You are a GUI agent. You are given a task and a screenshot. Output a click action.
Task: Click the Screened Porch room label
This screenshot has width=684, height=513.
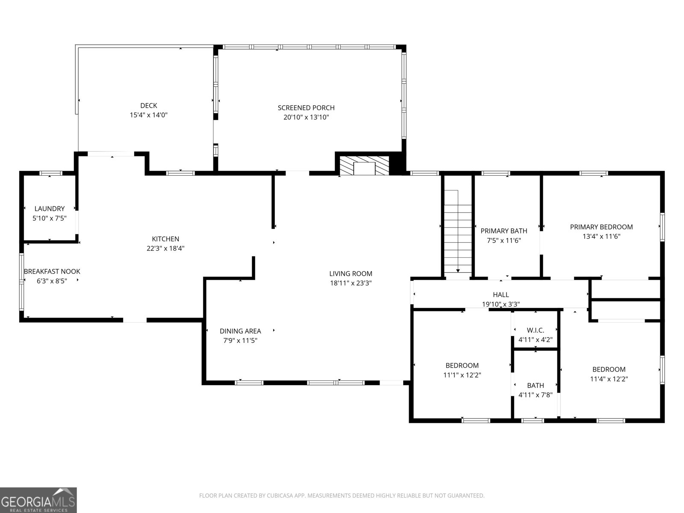tap(306, 108)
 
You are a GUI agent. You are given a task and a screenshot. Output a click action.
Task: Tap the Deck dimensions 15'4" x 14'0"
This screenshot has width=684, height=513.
tap(148, 115)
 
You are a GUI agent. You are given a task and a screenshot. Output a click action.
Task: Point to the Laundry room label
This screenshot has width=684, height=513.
tap(50, 209)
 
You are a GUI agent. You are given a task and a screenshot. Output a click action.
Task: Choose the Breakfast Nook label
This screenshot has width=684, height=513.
tap(52, 271)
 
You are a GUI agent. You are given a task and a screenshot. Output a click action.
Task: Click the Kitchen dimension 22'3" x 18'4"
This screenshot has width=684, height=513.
tap(165, 248)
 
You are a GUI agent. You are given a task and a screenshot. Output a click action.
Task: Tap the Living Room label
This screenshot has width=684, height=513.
tap(351, 274)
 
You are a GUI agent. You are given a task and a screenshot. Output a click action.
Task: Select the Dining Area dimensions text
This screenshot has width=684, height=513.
tap(240, 341)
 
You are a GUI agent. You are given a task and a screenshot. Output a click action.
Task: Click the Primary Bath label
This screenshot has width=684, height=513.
tap(504, 231)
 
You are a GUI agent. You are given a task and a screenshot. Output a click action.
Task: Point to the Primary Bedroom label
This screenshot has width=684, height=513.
tap(601, 227)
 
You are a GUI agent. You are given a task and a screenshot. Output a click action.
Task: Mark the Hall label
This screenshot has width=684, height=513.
tap(501, 295)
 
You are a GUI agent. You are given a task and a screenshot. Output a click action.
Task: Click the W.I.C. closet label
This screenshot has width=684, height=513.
tap(535, 330)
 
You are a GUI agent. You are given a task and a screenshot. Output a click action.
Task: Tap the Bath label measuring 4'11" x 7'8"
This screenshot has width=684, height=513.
tap(535, 386)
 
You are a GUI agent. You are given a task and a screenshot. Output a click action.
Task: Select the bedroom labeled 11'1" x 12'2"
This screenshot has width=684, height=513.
tap(462, 366)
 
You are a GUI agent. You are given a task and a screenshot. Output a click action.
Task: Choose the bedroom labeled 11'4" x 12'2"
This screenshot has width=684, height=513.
tap(609, 369)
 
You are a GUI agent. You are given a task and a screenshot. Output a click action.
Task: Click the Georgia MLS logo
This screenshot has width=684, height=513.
tap(38, 500)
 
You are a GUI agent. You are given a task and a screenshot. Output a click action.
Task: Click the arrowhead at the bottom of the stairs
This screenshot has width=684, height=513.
tap(458, 271)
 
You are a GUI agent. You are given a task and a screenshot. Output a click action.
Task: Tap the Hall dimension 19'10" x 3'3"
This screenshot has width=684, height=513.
tap(501, 304)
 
